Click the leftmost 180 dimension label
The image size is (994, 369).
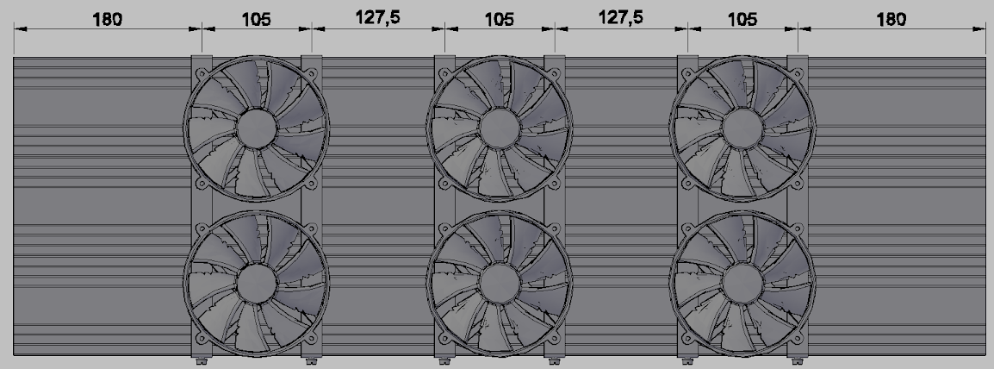[107, 19]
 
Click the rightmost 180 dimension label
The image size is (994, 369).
[891, 19]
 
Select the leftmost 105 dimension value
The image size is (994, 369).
[256, 19]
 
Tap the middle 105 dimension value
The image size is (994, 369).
[500, 19]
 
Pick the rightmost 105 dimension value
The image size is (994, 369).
[742, 19]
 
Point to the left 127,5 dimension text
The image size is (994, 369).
[377, 17]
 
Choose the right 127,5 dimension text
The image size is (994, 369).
[621, 17]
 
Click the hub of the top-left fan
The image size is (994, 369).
[257, 128]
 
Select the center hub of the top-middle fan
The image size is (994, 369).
[500, 128]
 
